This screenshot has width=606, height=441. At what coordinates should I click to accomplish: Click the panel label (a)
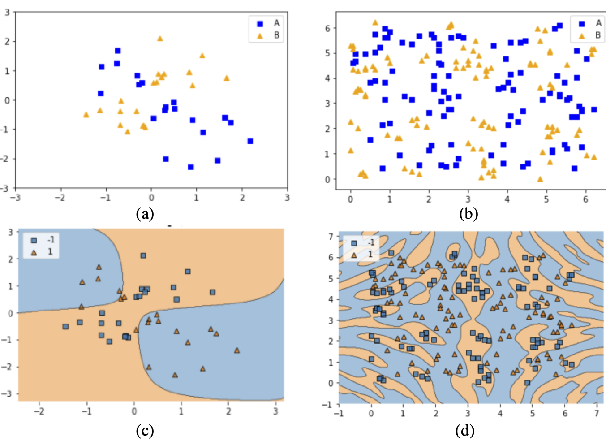click(145, 213)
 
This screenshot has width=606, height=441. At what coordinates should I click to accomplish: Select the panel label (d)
click(464, 431)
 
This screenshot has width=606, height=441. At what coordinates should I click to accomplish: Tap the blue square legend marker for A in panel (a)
click(260, 23)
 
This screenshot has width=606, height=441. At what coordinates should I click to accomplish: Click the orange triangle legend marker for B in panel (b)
click(581, 35)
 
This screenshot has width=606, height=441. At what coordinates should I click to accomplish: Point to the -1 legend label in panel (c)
click(51, 240)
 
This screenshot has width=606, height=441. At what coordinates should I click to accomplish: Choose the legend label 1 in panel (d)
click(370, 254)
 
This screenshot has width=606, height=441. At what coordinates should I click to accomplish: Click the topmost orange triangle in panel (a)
click(160, 39)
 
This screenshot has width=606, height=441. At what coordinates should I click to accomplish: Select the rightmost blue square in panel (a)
click(250, 141)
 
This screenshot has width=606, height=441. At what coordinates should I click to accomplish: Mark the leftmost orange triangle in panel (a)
click(86, 115)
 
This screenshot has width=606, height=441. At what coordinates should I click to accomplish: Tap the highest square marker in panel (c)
click(143, 256)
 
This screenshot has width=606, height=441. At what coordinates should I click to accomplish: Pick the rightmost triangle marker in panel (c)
click(236, 350)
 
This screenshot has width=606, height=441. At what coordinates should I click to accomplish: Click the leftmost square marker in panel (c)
click(65, 326)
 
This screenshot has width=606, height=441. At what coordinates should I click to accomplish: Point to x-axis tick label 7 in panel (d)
click(596, 413)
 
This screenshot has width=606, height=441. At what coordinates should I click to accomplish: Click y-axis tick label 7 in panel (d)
click(331, 236)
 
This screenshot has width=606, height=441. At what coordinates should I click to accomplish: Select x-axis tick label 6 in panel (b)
click(585, 199)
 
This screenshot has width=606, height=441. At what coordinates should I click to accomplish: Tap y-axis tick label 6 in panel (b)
click(327, 28)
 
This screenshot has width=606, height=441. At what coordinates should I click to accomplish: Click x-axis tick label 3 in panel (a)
click(287, 198)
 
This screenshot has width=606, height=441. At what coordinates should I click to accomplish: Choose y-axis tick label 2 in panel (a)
click(7, 41)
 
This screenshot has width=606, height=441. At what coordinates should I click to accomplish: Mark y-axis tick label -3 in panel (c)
click(10, 394)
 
